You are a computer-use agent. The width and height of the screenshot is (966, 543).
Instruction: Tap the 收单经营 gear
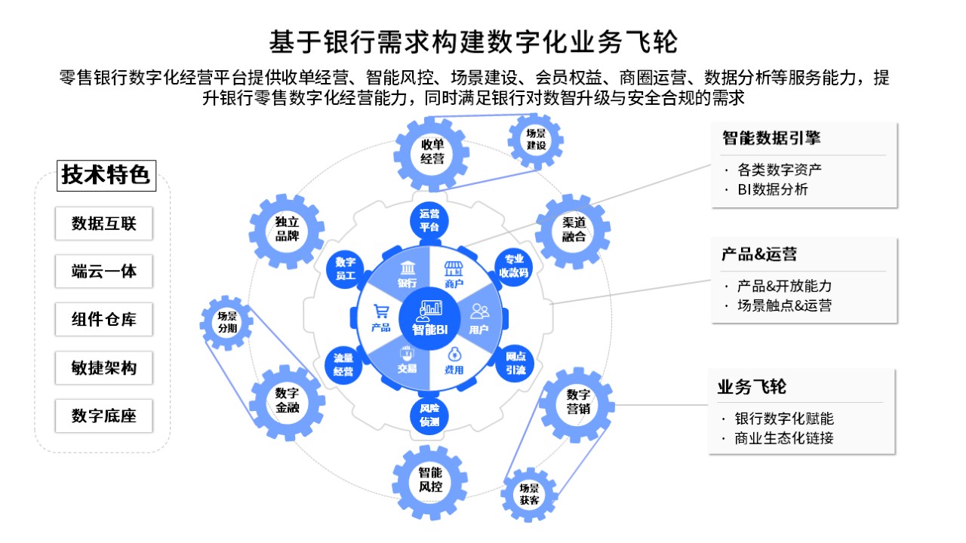(x=432, y=152)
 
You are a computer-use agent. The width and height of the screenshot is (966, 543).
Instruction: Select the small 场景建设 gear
(x=536, y=139)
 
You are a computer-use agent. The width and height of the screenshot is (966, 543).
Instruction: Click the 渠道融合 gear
(x=574, y=230)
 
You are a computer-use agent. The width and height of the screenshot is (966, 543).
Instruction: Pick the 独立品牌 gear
(x=287, y=231)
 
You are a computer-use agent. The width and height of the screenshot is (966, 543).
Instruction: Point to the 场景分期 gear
(x=226, y=322)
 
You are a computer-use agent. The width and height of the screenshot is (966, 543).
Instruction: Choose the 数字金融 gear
(x=287, y=400)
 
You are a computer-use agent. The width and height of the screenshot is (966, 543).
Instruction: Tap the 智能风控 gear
(x=430, y=480)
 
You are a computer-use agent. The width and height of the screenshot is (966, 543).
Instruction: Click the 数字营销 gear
(x=577, y=401)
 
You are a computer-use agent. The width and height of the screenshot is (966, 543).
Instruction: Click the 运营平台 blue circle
(x=429, y=219)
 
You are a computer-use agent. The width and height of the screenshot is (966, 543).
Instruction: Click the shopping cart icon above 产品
(x=381, y=311)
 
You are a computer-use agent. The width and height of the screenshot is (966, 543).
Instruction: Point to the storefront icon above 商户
(x=453, y=269)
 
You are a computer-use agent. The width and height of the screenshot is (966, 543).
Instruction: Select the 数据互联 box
(x=104, y=224)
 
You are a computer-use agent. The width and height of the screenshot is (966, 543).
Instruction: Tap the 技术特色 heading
(x=106, y=176)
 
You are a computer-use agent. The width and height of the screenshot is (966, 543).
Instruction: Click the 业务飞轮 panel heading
(x=752, y=388)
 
